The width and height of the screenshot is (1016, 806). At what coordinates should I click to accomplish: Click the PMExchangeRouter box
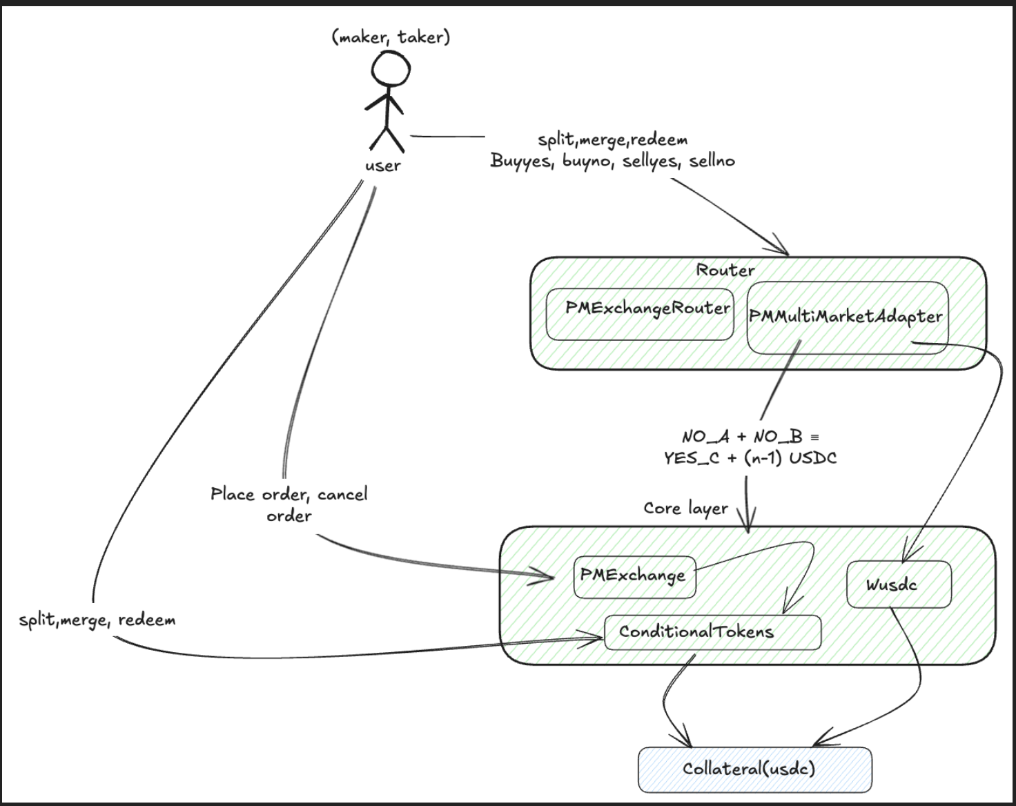pos(640,314)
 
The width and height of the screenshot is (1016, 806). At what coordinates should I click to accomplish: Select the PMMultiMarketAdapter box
pos(847,317)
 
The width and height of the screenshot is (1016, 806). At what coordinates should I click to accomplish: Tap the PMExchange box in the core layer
pos(634,577)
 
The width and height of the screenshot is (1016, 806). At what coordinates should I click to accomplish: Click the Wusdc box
pos(898,584)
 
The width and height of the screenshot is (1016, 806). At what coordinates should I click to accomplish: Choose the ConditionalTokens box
pos(712,632)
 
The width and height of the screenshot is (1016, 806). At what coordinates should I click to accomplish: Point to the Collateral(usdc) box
pos(754,769)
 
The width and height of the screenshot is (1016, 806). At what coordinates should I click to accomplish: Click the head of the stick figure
pos(391,70)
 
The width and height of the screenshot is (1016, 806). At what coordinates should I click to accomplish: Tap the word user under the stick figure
pos(383,166)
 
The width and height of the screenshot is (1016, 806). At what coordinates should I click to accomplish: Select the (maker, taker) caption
pos(391,37)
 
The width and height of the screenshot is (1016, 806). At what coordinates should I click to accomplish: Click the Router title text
pos(725,270)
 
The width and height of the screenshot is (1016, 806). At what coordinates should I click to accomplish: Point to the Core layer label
pos(685,509)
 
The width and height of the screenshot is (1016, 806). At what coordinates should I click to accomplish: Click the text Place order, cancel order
pos(289,504)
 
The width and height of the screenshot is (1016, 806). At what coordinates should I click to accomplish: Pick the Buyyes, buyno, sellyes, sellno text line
pos(612,161)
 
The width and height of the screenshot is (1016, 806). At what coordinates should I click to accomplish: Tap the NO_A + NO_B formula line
pos(750,437)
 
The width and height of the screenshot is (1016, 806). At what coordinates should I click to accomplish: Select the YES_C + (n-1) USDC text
pos(750,458)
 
